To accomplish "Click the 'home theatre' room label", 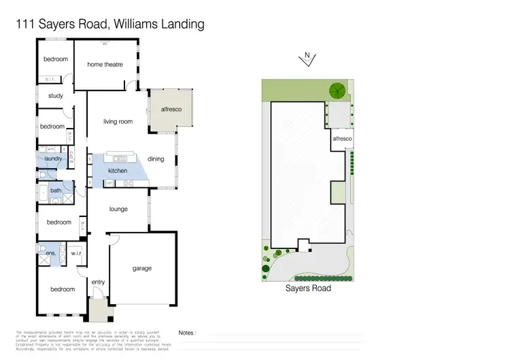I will click(x=105, y=65).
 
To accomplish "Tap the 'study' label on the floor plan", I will click(x=55, y=96).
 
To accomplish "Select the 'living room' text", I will click(x=118, y=122).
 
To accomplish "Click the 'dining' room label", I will click(x=156, y=159).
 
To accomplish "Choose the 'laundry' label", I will click(x=54, y=159).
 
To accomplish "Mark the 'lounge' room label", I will click(x=118, y=210).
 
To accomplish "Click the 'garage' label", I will click(x=141, y=268).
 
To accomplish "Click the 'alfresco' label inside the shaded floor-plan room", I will click(x=171, y=109).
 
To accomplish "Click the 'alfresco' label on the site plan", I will click(x=342, y=139).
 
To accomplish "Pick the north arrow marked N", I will click(x=307, y=59).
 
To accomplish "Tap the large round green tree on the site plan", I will click(x=336, y=90).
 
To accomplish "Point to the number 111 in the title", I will click(x=24, y=25).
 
